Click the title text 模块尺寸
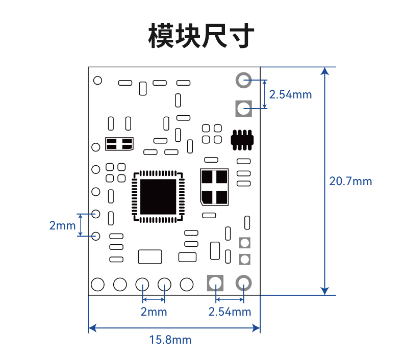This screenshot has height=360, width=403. (201, 36)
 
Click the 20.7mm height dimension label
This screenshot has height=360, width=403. (350, 182)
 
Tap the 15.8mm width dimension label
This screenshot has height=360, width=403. (170, 340)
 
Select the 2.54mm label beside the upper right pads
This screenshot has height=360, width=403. (290, 94)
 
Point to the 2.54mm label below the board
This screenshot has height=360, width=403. (230, 312)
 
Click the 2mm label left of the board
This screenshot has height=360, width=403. (62, 225)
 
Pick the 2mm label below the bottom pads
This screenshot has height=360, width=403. (154, 312)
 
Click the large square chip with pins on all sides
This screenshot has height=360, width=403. (158, 197)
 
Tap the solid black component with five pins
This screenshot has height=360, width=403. (242, 140)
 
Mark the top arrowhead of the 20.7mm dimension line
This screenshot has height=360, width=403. (325, 71)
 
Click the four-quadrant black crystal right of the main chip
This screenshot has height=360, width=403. (214, 187)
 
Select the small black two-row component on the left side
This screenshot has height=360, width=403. (119, 144)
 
